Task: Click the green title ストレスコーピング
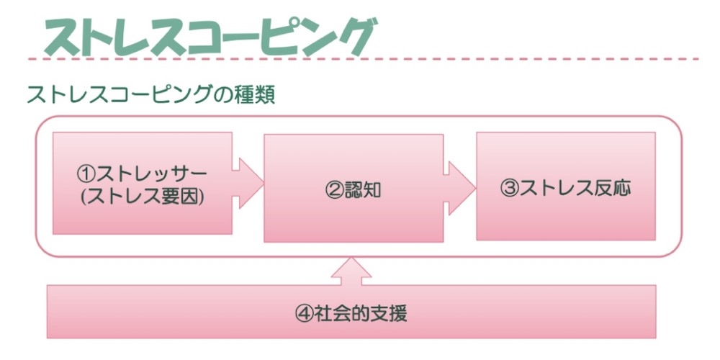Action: point(209,35)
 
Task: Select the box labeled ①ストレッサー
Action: point(142,183)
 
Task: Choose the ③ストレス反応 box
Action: point(565,186)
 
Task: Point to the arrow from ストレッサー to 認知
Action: point(247,184)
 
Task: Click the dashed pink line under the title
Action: point(360,58)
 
